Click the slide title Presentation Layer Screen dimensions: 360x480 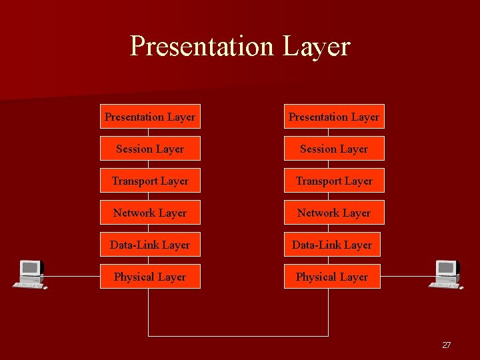point(239,46)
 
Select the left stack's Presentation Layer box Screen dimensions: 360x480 point(150,117)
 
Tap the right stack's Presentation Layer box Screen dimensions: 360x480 point(334,117)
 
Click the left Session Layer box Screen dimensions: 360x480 point(150,149)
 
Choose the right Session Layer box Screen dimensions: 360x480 point(334,149)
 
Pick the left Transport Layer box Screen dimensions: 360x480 point(150,181)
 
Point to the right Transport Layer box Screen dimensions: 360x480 point(334,181)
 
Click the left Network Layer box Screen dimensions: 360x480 point(150,213)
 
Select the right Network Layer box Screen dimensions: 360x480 point(334,213)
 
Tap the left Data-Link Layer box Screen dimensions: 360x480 point(150,245)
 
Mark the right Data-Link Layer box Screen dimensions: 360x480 point(332,245)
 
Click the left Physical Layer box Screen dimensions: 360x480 point(150,277)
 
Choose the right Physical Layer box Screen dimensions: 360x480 point(332,277)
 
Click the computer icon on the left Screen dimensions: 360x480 point(29,274)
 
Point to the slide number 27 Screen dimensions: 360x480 point(446,345)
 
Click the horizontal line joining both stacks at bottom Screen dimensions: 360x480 point(238,335)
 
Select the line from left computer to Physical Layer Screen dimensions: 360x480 point(72,276)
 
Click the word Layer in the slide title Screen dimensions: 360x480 point(316,46)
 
